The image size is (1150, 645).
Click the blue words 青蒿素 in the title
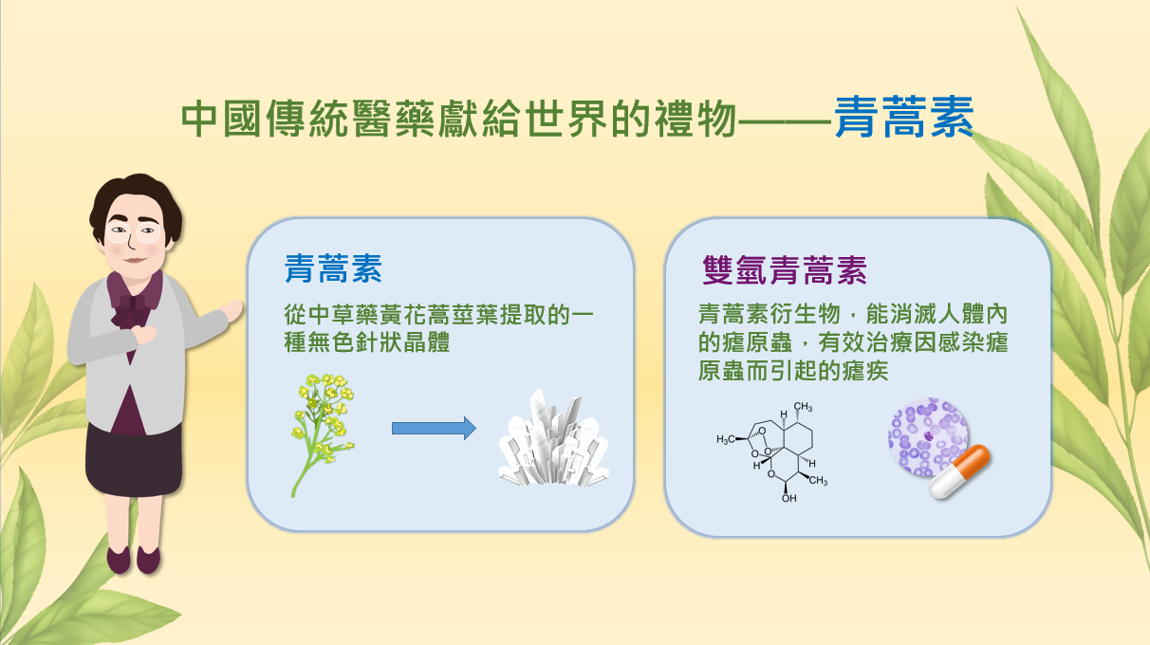point(904,117)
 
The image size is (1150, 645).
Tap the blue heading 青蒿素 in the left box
point(333,268)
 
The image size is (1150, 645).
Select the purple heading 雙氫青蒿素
point(785,270)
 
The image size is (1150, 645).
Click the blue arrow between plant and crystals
point(434,428)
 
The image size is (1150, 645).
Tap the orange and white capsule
point(959,471)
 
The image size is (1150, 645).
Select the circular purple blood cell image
point(927,436)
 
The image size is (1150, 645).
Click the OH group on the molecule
point(789,498)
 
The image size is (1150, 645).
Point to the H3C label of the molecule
point(726,439)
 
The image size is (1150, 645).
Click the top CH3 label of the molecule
point(803,407)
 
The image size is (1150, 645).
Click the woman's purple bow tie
point(133,308)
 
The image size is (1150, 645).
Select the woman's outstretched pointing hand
point(232,310)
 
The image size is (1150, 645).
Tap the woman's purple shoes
point(134,560)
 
